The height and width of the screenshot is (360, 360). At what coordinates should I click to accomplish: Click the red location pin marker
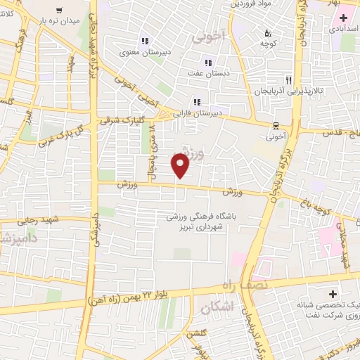[181, 165]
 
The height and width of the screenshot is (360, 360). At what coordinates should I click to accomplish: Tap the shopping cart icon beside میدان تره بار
[58, 11]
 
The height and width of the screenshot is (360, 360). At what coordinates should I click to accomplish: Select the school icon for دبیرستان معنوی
[145, 41]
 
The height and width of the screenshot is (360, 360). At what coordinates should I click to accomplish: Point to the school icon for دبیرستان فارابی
[198, 101]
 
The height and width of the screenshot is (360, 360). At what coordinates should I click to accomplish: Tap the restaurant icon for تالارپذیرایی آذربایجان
[288, 80]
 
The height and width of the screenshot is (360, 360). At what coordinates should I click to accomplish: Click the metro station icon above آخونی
[274, 125]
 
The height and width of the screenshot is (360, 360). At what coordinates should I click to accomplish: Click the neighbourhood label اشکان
[216, 308]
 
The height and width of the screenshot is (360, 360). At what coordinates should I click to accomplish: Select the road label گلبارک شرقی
[126, 121]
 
